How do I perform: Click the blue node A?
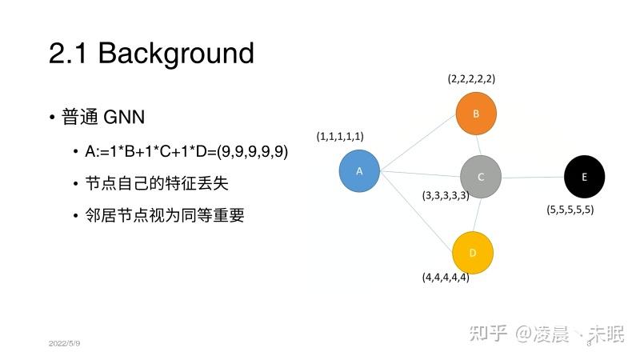point(359,171)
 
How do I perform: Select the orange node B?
point(476,114)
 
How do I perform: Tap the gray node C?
point(481,176)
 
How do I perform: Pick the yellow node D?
point(473,253)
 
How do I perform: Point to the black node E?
point(584,177)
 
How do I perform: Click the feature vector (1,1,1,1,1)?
point(340,137)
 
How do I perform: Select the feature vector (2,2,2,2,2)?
point(471,79)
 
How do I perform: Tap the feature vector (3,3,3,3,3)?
point(446,195)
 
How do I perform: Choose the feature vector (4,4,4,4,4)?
point(446,278)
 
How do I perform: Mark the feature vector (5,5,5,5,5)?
point(570,210)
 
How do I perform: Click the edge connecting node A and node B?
point(418,142)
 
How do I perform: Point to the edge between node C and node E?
point(533,177)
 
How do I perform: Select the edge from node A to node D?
point(418,212)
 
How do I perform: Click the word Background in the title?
point(176,54)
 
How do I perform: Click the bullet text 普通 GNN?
point(103,118)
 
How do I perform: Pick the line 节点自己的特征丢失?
point(156,183)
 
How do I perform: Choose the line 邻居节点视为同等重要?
point(164,215)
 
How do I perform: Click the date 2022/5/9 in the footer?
point(64,343)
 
